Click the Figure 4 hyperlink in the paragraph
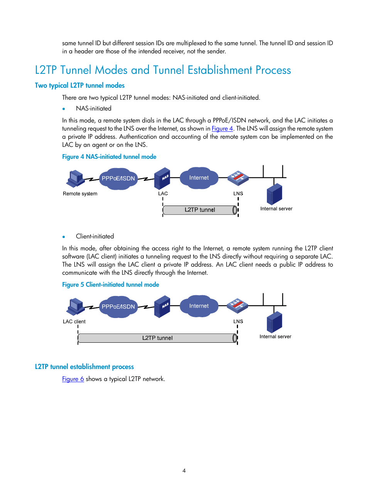222,129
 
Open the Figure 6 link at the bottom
73,379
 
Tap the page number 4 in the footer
184,471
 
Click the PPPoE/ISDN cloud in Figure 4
118,179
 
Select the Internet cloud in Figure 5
199,306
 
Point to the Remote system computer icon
76,179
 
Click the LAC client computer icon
76,307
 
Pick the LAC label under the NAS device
163,194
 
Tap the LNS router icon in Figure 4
238,178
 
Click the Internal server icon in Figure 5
274,322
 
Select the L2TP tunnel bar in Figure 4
200,210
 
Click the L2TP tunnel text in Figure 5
157,338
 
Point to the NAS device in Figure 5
162,306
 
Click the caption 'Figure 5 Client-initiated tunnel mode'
111,285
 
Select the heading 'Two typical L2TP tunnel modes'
80,85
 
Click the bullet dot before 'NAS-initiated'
64,109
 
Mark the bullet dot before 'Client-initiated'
64,237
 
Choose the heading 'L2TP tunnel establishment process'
84,367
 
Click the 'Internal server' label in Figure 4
276,209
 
